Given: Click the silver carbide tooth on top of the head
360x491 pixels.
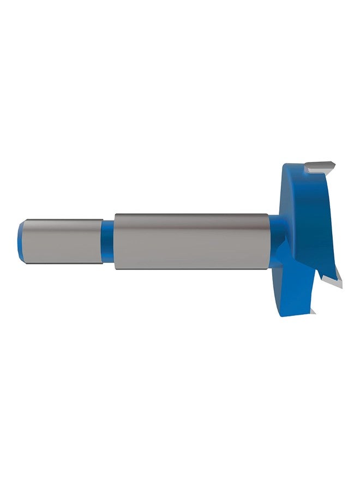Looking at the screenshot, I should pos(319,166).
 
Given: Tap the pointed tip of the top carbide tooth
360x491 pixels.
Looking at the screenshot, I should pos(334,163).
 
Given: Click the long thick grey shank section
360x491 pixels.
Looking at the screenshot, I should pos(191,240).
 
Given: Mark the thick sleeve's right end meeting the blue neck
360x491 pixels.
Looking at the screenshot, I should pos(267,240).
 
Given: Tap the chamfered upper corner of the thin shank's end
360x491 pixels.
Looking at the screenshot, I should pos(25,221).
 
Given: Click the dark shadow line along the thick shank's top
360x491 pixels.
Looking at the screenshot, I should pos(191,215).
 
